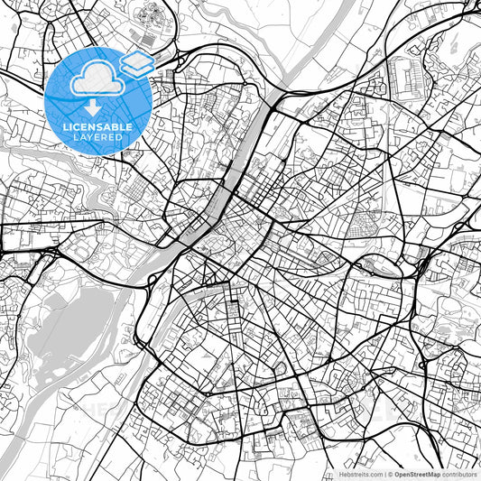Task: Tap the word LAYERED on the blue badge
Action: point(98,136)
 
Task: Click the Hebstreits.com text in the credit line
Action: point(359,474)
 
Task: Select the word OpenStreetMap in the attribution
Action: point(418,474)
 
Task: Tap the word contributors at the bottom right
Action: point(459,474)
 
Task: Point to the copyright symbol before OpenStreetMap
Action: point(390,474)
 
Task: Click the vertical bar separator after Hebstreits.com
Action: point(384,474)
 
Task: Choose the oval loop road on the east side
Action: point(376,265)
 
